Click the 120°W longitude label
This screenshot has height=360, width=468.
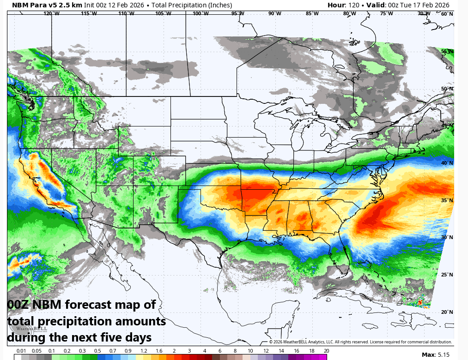51,13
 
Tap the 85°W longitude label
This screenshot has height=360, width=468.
312,13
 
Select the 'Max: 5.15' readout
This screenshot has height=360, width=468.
436,354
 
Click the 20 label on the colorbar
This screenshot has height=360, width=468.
326,351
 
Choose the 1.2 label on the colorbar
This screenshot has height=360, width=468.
144,351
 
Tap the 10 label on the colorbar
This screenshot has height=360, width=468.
250,351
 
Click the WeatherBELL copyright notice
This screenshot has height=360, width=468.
360,342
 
